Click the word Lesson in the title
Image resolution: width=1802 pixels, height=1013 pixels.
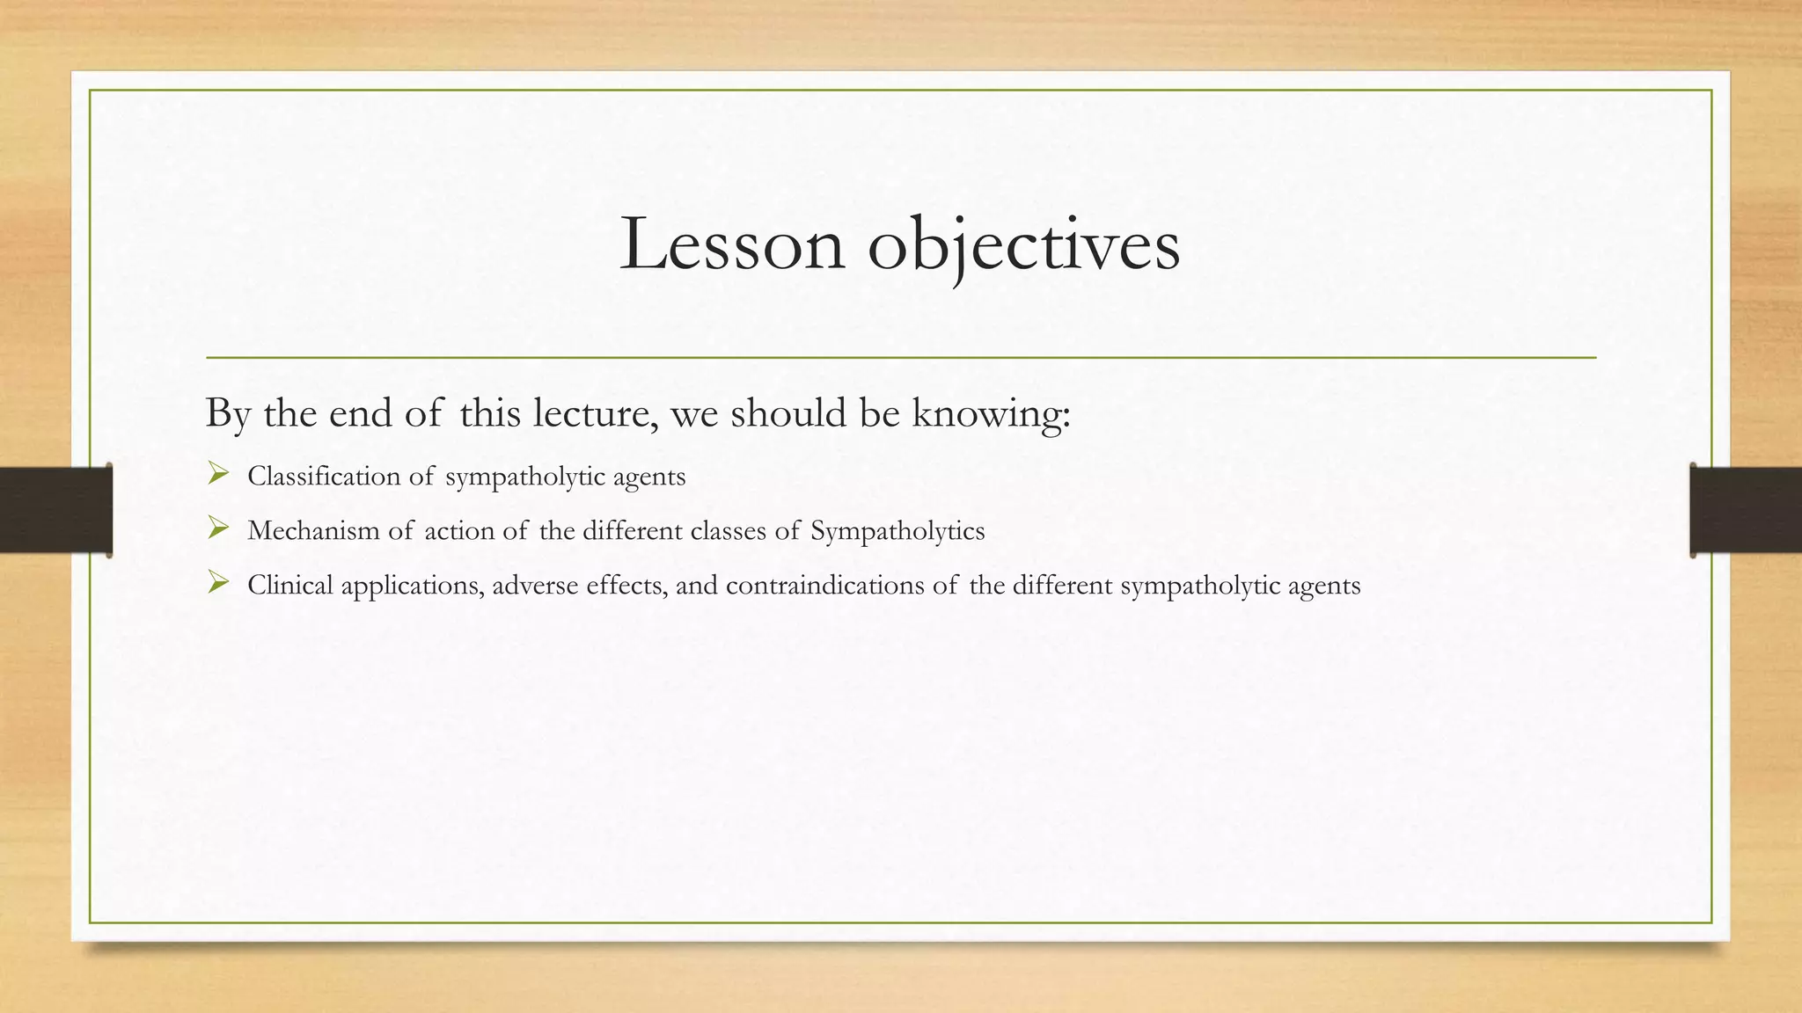coord(732,244)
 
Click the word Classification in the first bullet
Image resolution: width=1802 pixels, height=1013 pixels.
coord(324,477)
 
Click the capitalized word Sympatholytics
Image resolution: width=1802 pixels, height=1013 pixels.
coord(897,531)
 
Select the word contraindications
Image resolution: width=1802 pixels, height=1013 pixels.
coord(829,586)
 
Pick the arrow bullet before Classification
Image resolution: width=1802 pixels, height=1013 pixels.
coord(218,476)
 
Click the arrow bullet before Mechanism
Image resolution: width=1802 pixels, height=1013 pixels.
coord(218,529)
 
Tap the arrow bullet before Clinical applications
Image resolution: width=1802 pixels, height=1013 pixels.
coord(218,583)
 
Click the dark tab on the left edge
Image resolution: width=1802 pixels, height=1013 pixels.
coord(55,510)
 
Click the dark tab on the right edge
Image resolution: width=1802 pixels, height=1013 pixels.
coord(1746,510)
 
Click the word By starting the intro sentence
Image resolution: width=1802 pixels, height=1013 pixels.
coord(227,413)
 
